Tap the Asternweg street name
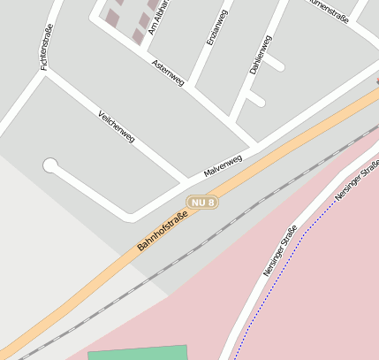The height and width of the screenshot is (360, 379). [x=168, y=73]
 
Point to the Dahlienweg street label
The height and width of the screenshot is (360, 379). [x=260, y=54]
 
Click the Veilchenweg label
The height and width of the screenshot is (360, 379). [x=117, y=126]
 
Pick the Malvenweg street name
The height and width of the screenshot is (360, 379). [x=223, y=164]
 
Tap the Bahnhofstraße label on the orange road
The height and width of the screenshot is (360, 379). [x=163, y=230]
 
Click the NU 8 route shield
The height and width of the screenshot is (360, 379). [x=202, y=202]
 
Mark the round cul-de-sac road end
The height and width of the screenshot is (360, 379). [x=50, y=165]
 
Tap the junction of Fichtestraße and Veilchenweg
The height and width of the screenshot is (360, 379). [x=44, y=73]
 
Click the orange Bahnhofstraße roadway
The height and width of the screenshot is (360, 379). [x=88, y=284]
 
